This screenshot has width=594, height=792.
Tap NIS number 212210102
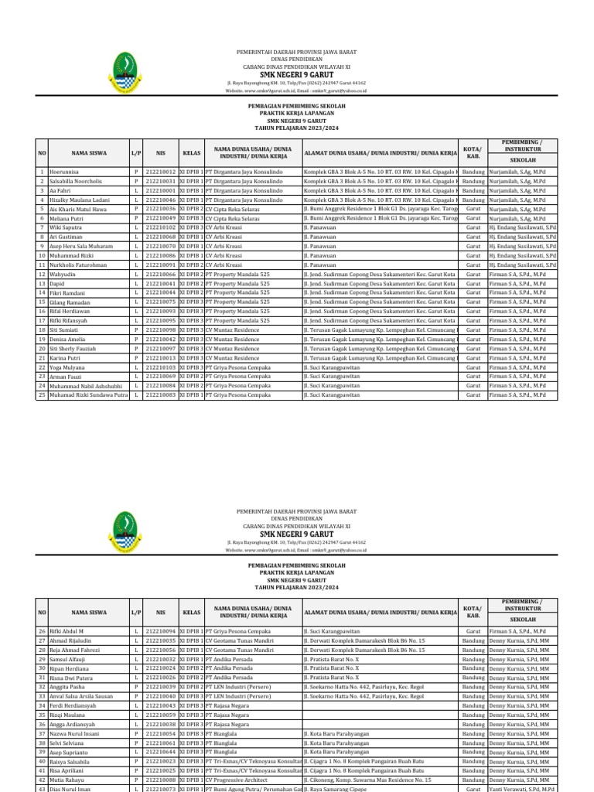160,227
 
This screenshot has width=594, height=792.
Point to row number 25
42,394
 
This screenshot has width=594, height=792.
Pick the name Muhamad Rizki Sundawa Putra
87,394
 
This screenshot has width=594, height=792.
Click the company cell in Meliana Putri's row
232,218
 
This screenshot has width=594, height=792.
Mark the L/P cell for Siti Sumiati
135,329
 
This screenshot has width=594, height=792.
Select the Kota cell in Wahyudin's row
473,274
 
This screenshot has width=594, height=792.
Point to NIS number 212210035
160,640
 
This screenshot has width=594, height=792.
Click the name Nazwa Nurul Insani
74,733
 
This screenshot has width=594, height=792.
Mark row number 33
42,696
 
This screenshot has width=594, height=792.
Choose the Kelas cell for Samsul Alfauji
191,659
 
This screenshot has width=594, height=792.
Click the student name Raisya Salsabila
72,761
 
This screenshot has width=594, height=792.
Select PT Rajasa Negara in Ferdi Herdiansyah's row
233,705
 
